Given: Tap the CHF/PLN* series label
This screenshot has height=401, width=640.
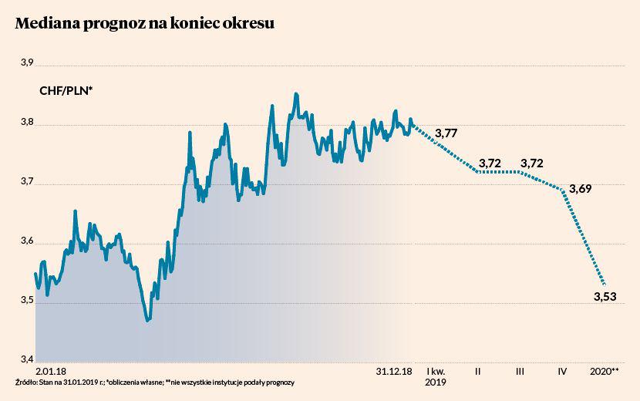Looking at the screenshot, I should [x=66, y=91].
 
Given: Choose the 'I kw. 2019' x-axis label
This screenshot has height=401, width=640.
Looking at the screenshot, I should [x=436, y=376].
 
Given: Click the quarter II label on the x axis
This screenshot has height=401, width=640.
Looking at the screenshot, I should [x=478, y=371].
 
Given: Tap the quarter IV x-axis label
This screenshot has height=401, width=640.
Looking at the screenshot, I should [x=562, y=371].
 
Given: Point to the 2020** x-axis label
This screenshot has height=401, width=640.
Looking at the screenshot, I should [x=604, y=371].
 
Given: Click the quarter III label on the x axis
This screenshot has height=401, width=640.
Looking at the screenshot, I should [x=520, y=371].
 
